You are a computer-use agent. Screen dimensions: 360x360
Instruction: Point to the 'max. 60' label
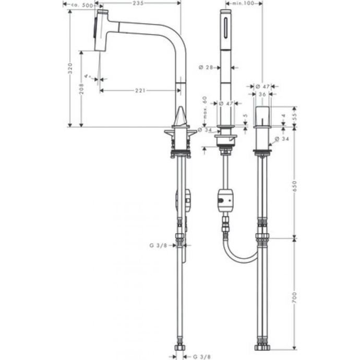tap(205, 107)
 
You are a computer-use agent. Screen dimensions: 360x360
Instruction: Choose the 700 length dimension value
tap(294, 298)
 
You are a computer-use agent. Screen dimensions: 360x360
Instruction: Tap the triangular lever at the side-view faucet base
tap(181, 116)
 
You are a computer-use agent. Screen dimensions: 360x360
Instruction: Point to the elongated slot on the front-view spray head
tap(225, 26)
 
